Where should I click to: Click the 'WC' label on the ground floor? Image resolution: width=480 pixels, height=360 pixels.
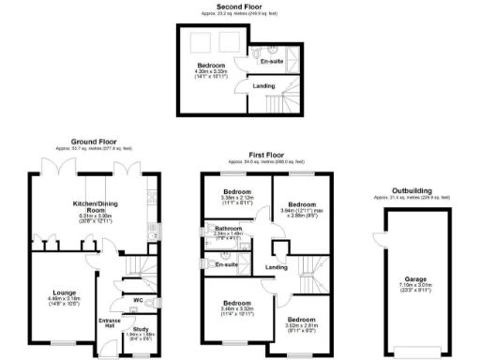tap(137, 300)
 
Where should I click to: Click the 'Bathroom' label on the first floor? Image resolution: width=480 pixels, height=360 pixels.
tap(229, 228)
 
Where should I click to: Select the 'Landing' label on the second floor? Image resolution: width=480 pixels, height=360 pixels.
tap(264, 87)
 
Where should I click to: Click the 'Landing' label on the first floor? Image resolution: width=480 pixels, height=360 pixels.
tap(276, 268)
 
